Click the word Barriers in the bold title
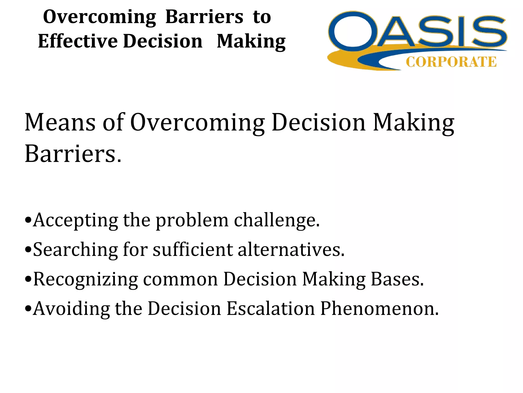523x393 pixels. tap(204, 17)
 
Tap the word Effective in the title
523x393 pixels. tap(78, 41)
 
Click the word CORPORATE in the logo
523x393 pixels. tap(451, 62)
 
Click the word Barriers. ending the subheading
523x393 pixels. tap(73, 154)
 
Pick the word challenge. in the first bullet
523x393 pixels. tap(277, 220)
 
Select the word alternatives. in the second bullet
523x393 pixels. tap(291, 249)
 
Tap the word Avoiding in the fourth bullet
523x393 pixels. tap(71, 308)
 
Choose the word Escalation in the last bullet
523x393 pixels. tap(271, 308)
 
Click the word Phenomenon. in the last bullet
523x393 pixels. tap(379, 308)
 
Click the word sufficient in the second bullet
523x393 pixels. tap(193, 249)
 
